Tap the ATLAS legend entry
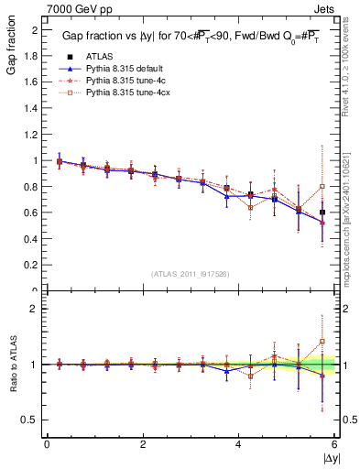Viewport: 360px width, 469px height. click(x=106, y=57)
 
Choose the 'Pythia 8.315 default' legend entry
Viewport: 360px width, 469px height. click(x=133, y=69)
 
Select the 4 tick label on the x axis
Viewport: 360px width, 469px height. click(x=239, y=445)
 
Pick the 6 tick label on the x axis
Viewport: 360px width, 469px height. click(x=334, y=445)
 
